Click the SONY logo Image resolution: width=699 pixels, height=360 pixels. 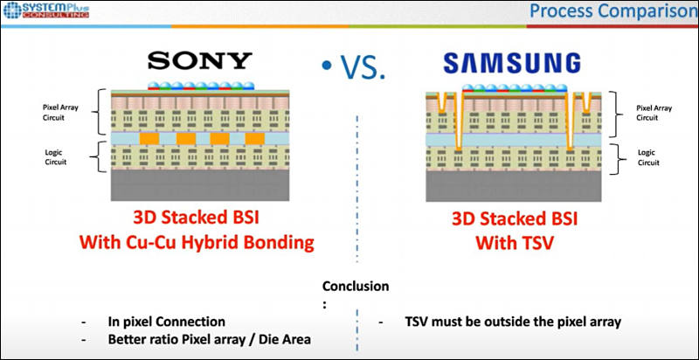pyautogui.click(x=199, y=60)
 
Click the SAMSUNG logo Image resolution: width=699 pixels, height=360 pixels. pyautogui.click(x=512, y=62)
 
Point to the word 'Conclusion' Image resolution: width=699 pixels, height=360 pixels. pyautogui.click(x=356, y=287)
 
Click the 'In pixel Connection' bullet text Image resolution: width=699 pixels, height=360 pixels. pyautogui.click(x=166, y=322)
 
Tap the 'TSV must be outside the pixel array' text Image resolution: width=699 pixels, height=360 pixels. pyautogui.click(x=512, y=322)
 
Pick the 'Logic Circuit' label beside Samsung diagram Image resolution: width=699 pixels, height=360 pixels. pyautogui.click(x=647, y=156)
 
